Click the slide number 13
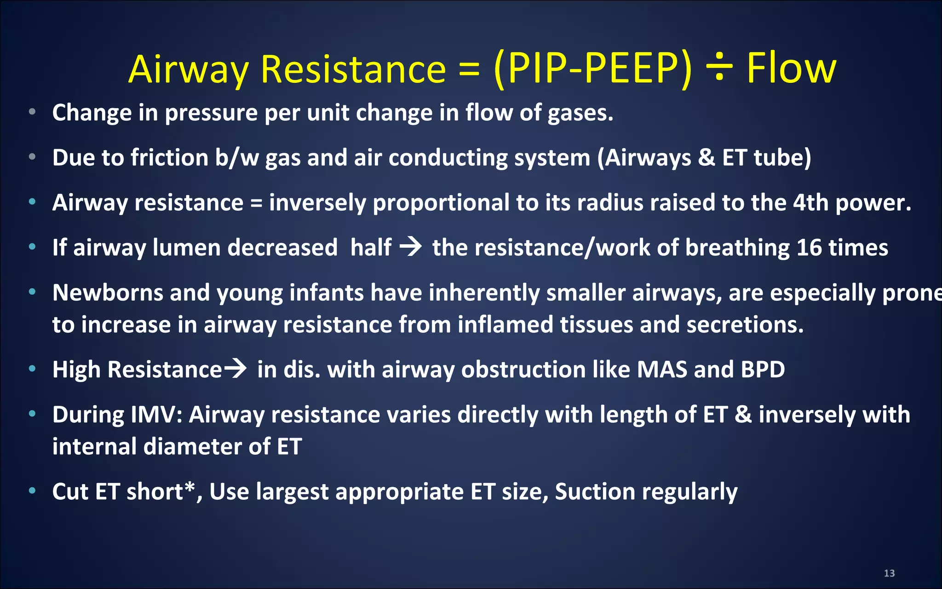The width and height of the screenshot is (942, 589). (889, 573)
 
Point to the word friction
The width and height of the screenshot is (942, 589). (169, 158)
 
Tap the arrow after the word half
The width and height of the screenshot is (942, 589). (411, 247)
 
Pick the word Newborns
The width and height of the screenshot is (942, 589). (108, 293)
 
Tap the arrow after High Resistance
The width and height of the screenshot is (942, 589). (235, 369)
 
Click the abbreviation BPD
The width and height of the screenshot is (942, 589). (763, 370)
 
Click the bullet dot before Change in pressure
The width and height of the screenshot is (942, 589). (32, 112)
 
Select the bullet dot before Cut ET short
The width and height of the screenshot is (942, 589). (32, 491)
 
